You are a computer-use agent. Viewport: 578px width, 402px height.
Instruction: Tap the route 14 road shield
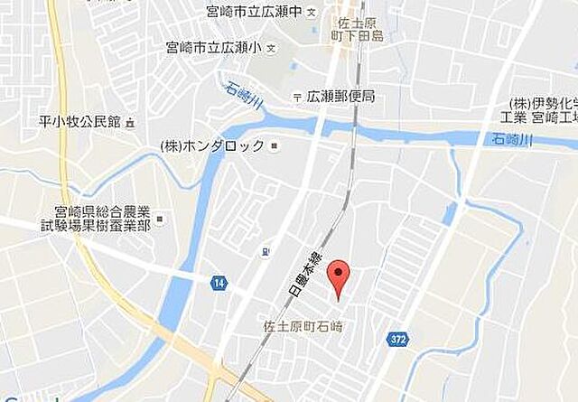click(x=219, y=283)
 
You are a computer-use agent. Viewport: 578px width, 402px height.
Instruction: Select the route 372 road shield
click(x=398, y=339)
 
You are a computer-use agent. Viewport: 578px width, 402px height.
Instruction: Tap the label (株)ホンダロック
click(x=213, y=145)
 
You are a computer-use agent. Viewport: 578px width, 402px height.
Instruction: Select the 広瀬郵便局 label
click(x=340, y=96)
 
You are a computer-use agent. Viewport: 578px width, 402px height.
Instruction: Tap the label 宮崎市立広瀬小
click(x=212, y=45)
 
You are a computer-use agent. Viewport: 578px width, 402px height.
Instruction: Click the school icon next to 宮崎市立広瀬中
click(x=312, y=13)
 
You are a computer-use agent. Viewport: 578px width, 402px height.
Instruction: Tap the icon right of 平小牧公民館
click(x=130, y=122)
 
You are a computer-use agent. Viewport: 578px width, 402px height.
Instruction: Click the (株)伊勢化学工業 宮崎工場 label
click(x=541, y=110)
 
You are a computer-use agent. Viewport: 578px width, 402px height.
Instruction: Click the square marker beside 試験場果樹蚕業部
click(x=160, y=218)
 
